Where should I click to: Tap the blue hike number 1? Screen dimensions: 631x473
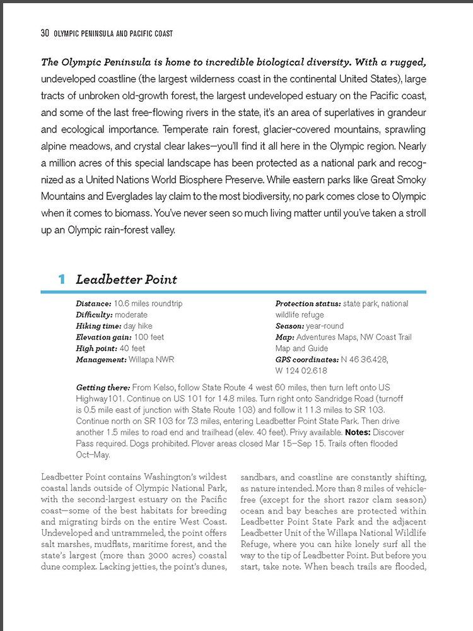pos(62,280)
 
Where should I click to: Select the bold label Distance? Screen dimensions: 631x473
pos(94,304)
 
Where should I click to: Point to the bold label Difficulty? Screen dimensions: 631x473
pos(94,314)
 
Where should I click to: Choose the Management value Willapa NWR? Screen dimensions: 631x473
pos(153,360)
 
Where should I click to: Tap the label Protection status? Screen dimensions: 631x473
pos(308,304)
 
